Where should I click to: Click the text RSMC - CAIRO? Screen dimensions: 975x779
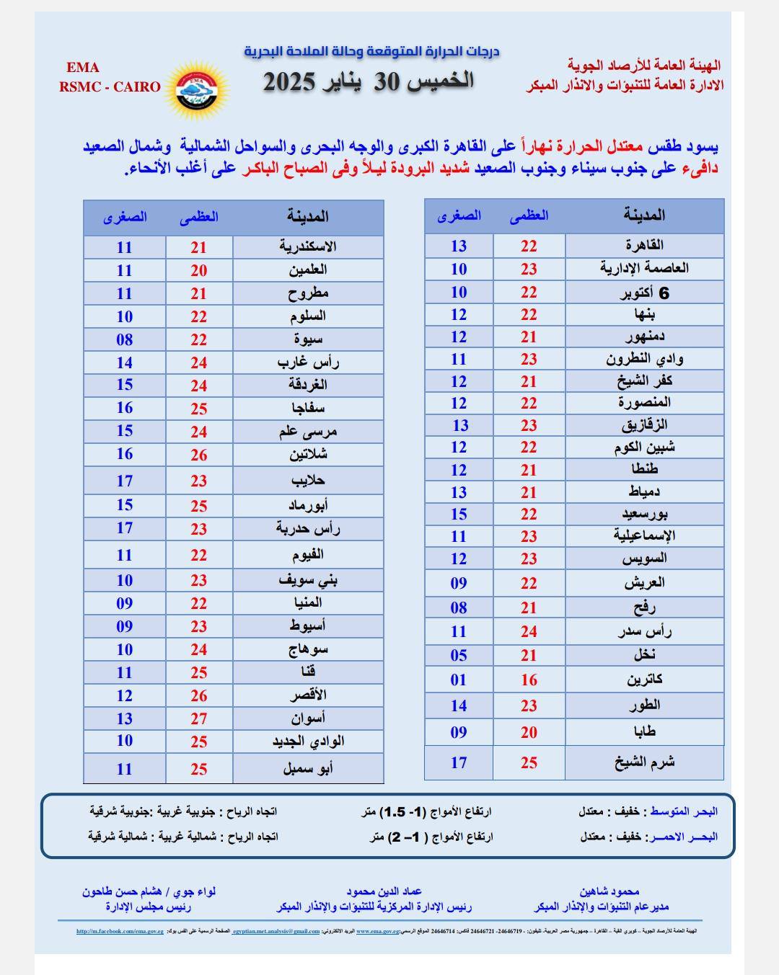[x=110, y=86]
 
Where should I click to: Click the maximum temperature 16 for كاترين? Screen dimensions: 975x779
[x=529, y=680]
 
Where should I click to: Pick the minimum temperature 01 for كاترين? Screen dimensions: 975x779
[x=459, y=680]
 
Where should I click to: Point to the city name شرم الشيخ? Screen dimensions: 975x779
[x=644, y=762]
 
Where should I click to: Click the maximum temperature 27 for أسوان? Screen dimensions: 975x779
[x=199, y=718]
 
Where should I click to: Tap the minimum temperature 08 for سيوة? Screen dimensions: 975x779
[x=125, y=339]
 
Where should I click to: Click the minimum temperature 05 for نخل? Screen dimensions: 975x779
[x=459, y=655]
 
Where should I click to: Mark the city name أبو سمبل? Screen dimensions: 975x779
[x=308, y=768]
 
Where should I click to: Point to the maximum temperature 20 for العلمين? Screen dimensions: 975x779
[x=199, y=270]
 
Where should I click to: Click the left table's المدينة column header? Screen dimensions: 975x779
[x=308, y=216]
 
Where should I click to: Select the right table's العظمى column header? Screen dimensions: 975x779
[x=529, y=215]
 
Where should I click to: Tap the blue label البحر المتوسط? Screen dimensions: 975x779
[x=682, y=811]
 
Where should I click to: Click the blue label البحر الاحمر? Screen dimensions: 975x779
[x=682, y=837]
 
